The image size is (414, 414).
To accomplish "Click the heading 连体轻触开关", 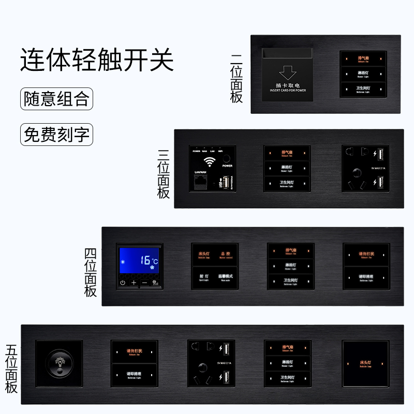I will [97, 61].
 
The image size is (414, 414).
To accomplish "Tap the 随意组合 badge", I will [57, 99].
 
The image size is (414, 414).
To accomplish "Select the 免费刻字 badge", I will [57, 135].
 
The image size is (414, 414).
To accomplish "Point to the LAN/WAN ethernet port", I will [200, 182].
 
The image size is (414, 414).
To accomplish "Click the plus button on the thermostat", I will [134, 283].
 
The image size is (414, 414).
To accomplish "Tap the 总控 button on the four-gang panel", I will [225, 255].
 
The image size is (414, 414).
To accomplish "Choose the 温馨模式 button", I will [225, 276].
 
